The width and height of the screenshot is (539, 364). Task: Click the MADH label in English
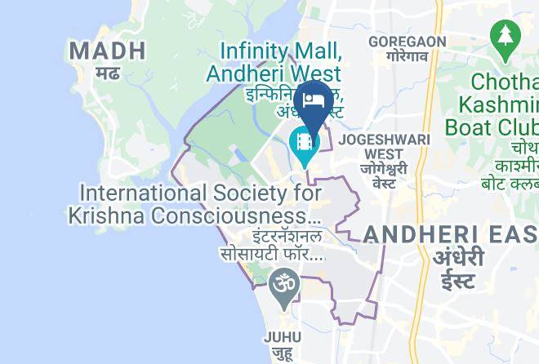(107, 51)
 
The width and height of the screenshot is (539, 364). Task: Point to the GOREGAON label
(408, 42)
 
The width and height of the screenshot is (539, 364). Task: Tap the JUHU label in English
(283, 337)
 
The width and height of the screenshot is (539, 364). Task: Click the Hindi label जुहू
(283, 354)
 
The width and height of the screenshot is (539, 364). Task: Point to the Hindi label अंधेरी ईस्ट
(459, 269)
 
